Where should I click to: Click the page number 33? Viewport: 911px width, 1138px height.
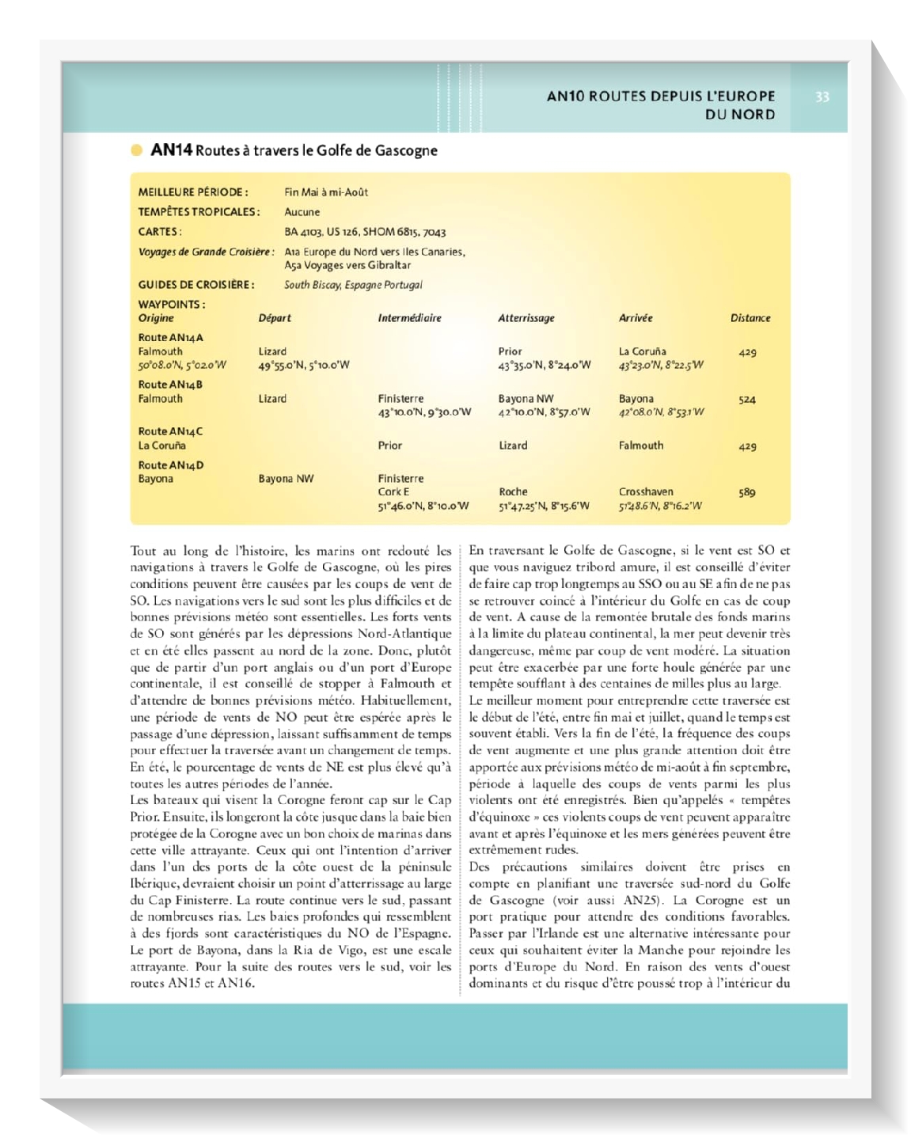pos(822,97)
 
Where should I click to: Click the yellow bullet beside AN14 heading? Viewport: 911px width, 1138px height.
pos(137,150)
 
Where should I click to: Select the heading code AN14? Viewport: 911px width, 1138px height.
pos(171,150)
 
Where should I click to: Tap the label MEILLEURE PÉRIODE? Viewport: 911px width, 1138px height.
pos(193,192)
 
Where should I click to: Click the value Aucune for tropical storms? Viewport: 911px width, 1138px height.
pos(302,212)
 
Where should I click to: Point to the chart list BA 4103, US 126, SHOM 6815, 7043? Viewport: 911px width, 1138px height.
pos(365,232)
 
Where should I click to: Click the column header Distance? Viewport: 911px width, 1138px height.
pos(750,318)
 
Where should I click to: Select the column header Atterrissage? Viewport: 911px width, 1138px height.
pos(526,318)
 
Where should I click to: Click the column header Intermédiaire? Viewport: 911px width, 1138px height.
pos(409,318)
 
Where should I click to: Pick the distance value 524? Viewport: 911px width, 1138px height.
pos(746,400)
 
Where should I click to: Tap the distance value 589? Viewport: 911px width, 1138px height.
pos(746,492)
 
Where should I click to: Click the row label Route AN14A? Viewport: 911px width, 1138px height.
pos(170,338)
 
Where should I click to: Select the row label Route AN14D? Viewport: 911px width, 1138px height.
pos(170,465)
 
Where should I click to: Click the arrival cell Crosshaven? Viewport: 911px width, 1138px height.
pos(646,491)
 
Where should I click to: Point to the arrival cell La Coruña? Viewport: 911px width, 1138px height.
pos(642,351)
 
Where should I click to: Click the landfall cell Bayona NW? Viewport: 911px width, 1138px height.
pos(526,399)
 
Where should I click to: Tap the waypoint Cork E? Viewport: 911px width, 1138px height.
pos(393,491)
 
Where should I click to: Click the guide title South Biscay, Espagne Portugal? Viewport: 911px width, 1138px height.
pos(353,285)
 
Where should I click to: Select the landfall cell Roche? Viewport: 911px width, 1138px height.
pos(513,491)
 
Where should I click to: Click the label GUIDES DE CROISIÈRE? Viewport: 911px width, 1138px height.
pos(196,285)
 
